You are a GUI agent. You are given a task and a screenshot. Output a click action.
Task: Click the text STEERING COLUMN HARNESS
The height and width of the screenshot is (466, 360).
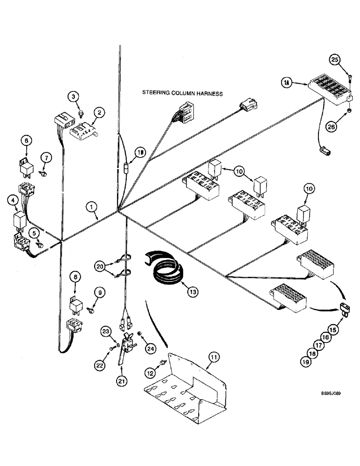(182, 93)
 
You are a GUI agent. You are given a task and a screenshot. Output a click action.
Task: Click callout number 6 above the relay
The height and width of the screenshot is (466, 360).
(26, 139)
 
